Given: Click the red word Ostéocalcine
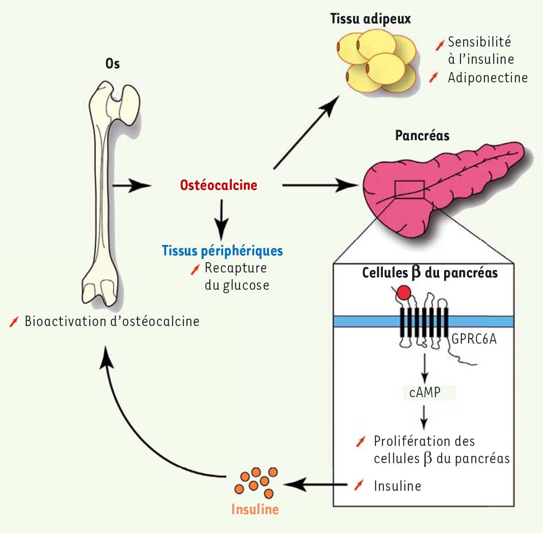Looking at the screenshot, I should tap(219, 185).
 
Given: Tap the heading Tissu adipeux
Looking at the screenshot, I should tap(370, 19).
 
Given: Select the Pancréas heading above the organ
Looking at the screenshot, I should tap(422, 135).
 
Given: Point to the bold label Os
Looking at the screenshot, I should tap(112, 64).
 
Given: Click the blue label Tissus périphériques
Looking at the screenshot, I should tap(222, 250).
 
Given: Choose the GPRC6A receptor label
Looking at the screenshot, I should tap(474, 339).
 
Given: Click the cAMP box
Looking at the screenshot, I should tap(425, 392).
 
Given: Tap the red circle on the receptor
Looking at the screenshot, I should tap(404, 293).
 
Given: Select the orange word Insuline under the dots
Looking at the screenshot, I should tap(255, 509).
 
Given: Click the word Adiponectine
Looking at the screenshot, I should tap(487, 78).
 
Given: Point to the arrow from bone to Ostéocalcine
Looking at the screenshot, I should tap(131, 185).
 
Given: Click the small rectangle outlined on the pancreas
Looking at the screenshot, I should tap(409, 189).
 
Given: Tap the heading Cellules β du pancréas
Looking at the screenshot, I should tap(429, 273).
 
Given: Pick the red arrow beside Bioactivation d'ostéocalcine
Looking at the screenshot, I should tap(14, 322).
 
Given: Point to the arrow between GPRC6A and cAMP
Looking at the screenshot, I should tap(424, 368).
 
